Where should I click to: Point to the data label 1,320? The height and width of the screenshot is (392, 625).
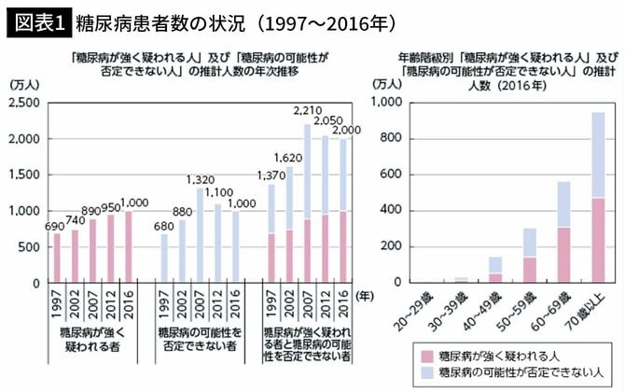coord(201,179)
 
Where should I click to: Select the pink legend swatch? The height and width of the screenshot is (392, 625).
coord(427,356)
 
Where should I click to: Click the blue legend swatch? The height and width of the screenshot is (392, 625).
coord(427,373)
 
